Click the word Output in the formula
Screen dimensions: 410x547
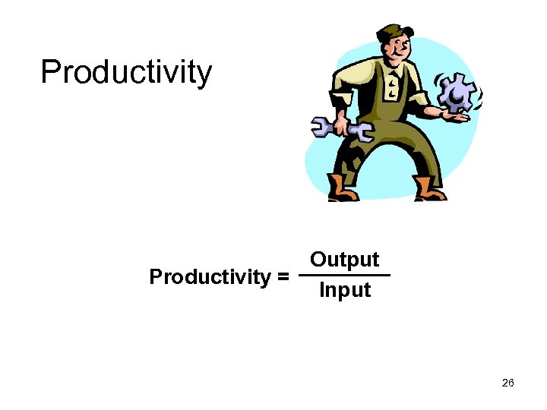point(344,260)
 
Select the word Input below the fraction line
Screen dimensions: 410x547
point(344,290)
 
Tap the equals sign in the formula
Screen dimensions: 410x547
point(283,276)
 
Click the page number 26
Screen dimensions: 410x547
point(508,383)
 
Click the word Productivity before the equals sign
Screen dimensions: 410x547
point(210,276)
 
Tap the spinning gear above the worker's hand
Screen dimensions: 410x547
point(457,93)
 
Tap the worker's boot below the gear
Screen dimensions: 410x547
point(429,188)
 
